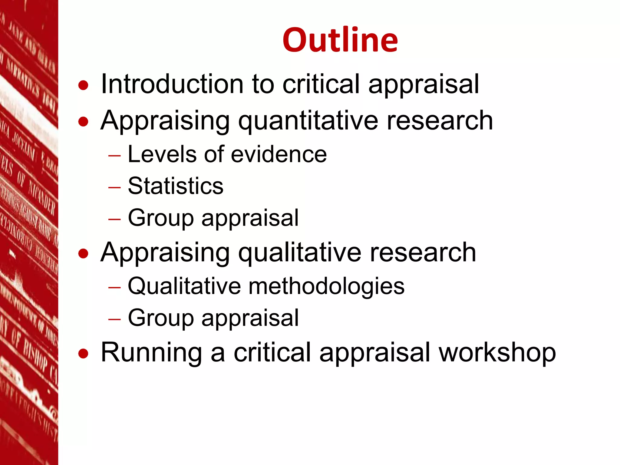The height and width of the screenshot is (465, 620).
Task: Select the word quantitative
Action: tap(308, 121)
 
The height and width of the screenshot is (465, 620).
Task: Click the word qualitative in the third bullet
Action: tap(300, 253)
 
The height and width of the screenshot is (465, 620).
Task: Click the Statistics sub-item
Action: tap(176, 186)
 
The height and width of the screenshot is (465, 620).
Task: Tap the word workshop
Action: tap(497, 353)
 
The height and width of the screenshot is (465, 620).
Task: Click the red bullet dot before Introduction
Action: tap(83, 85)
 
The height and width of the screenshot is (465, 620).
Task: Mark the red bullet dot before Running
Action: tap(83, 354)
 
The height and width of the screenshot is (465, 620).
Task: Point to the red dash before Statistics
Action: tap(114, 187)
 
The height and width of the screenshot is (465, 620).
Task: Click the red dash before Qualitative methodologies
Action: tap(114, 287)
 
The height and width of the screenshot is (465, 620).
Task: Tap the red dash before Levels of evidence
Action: tap(114, 156)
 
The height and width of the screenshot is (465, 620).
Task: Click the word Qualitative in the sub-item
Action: tap(184, 286)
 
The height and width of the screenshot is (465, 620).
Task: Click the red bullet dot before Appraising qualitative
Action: tap(83, 254)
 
